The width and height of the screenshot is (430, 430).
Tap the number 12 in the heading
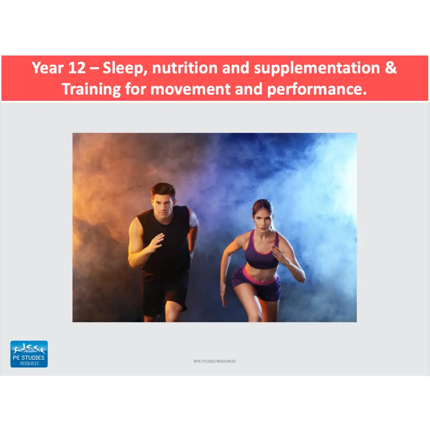point(76,68)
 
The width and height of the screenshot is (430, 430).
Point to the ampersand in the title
point(391,68)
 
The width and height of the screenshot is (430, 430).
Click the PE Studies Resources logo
point(29,354)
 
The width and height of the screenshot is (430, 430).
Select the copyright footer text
point(215,361)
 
